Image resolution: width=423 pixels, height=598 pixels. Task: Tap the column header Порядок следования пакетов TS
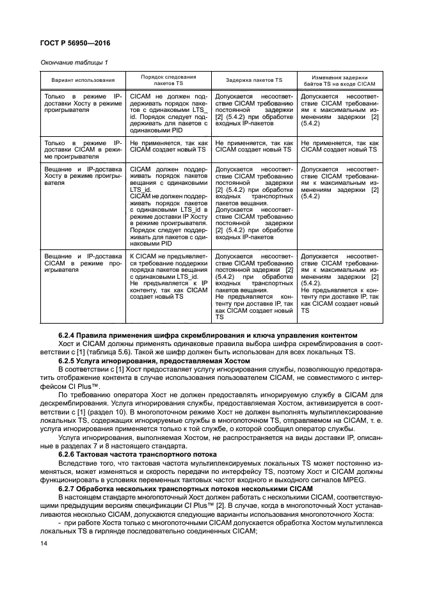coord(168,80)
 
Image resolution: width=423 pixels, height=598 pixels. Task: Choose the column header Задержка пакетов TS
coord(254,80)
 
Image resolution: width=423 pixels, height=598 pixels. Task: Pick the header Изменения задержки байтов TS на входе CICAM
coord(339,80)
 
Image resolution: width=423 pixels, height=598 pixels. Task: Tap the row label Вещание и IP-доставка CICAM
coord(83,262)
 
